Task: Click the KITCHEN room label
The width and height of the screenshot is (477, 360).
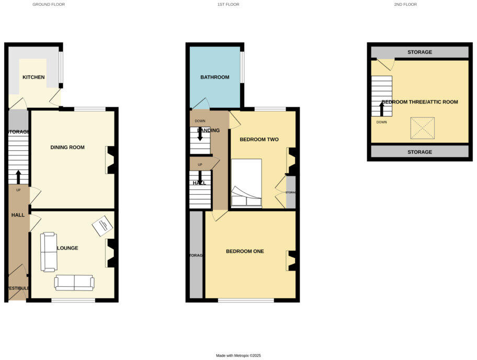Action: [33, 77]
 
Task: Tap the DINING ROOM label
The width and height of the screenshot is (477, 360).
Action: [67, 148]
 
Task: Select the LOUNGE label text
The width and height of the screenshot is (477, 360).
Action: [67, 248]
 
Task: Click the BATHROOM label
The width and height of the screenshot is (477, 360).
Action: [215, 77]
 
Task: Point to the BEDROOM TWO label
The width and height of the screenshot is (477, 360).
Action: [259, 140]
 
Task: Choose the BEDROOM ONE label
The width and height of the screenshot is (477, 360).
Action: [245, 251]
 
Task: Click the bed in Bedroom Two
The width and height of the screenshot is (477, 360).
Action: [246, 184]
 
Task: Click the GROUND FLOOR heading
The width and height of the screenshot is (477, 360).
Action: [49, 4]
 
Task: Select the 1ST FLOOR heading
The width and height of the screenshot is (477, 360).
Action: [228, 4]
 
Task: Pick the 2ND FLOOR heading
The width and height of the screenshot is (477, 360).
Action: [405, 4]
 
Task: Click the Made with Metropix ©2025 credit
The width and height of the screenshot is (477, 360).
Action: [238, 355]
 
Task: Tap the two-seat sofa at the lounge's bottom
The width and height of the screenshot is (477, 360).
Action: [74, 283]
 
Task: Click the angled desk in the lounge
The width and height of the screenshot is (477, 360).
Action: [102, 226]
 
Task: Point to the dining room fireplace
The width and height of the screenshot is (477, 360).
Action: [111, 160]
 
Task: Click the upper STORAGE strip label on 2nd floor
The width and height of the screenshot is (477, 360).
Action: [420, 52]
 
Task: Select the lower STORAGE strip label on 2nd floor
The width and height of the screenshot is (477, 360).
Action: [420, 152]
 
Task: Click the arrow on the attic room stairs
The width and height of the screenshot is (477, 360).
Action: [382, 108]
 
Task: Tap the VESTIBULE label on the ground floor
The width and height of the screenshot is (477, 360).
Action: [18, 288]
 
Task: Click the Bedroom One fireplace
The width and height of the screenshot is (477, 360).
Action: [292, 261]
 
